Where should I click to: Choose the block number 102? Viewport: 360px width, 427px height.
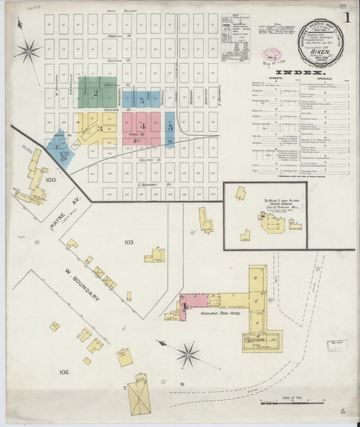click(64, 372)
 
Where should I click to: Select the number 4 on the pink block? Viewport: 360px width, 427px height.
click(142, 126)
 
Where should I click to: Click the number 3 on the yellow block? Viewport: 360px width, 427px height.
click(100, 128)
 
